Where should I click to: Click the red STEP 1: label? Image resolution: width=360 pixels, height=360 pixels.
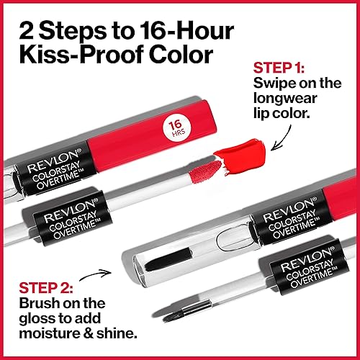pos(280,70)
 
